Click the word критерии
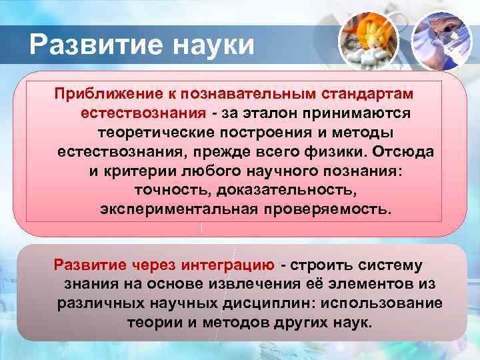pyautogui.click(x=137, y=171)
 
